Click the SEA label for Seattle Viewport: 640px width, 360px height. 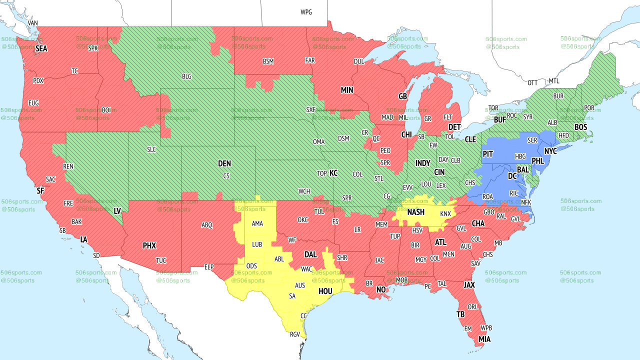tap(41, 49)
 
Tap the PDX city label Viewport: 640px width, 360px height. tap(38, 80)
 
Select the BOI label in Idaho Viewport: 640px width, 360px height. tap(106, 110)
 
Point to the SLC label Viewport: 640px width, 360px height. tap(151, 149)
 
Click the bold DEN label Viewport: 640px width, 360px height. tap(224, 163)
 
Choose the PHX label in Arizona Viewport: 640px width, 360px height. tap(149, 245)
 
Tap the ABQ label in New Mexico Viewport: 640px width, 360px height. tap(207, 225)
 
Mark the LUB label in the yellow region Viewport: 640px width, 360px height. tap(257, 244)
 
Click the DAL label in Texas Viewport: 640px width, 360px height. tap(310, 254)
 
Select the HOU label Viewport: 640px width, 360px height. tap(325, 290)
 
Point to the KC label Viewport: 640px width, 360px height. tap(333, 173)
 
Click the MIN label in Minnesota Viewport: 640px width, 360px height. tap(347, 90)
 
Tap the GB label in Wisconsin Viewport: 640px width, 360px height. tap(402, 96)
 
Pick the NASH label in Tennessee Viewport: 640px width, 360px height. tap(415, 212)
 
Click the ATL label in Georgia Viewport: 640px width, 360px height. tap(440, 242)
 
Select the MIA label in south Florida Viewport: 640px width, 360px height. tap(484, 339)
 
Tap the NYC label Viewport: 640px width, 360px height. tap(550, 150)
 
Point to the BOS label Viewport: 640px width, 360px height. tap(580, 127)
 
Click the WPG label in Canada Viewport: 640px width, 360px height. tap(306, 12)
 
